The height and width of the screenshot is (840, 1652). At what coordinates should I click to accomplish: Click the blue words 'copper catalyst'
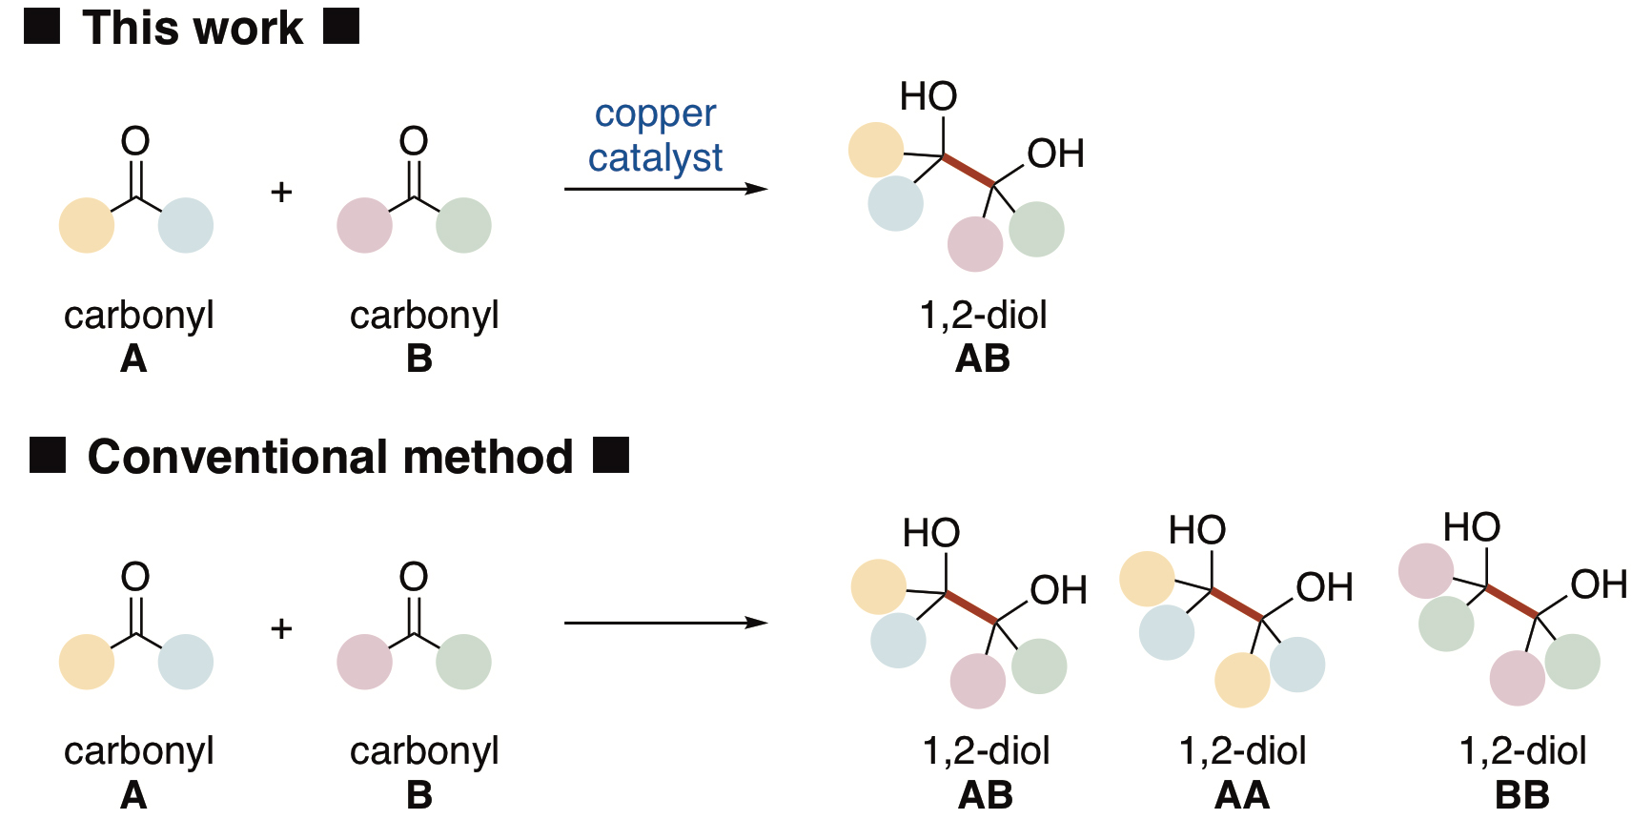pos(656,136)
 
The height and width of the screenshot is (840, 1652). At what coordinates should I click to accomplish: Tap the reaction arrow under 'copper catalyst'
pos(666,189)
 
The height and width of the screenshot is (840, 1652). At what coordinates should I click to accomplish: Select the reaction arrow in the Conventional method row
pos(666,623)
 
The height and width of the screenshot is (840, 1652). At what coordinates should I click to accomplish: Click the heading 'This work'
pos(193,27)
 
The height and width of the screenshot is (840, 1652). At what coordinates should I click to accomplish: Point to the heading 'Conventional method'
pos(330,456)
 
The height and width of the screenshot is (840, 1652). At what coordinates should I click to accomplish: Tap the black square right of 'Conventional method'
pos(611,455)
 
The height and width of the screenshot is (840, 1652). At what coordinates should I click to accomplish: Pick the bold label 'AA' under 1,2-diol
pos(1242,794)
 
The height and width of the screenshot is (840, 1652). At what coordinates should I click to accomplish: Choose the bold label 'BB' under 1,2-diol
pos(1522,794)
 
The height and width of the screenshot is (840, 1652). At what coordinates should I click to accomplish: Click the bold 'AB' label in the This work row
pos(983,359)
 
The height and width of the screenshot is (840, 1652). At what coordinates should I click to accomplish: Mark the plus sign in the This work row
pos(281,193)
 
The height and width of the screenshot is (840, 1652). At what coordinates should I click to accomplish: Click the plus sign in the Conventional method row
pos(281,628)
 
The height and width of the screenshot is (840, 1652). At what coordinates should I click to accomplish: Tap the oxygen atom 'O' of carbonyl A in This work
pos(135,141)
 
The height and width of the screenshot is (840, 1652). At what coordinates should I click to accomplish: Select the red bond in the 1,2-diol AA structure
pos(1237,604)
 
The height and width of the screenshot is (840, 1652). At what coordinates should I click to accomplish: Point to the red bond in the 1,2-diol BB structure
pos(1512,601)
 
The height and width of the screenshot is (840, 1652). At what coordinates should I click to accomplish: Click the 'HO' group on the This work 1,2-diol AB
pos(928,96)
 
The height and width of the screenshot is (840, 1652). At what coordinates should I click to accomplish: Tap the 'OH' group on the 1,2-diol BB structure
pos(1599,584)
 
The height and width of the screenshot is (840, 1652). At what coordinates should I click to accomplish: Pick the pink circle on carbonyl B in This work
pos(364,225)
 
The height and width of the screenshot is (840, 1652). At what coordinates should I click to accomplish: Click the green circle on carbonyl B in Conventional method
pos(464,662)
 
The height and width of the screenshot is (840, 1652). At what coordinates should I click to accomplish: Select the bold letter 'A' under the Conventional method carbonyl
pos(133,794)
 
